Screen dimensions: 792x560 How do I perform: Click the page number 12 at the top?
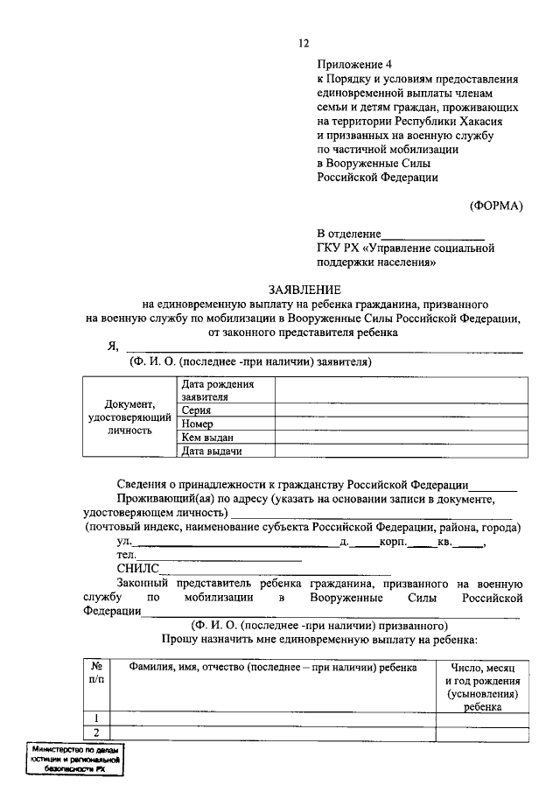tap(304, 44)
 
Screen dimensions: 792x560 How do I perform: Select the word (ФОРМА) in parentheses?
tap(495, 206)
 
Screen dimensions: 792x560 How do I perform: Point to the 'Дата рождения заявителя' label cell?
tap(218, 389)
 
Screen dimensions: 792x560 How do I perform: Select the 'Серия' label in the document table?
tap(196, 410)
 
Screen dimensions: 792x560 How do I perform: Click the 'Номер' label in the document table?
tap(198, 424)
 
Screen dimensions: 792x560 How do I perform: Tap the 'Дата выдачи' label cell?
tap(211, 452)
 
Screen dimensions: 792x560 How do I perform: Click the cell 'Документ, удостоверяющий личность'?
tap(129, 417)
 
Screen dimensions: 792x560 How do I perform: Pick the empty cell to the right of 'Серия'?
tap(402, 410)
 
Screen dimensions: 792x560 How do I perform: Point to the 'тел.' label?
tap(126, 555)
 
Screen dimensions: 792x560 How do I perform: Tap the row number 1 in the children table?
tap(96, 719)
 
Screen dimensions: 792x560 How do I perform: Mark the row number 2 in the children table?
tap(96, 733)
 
